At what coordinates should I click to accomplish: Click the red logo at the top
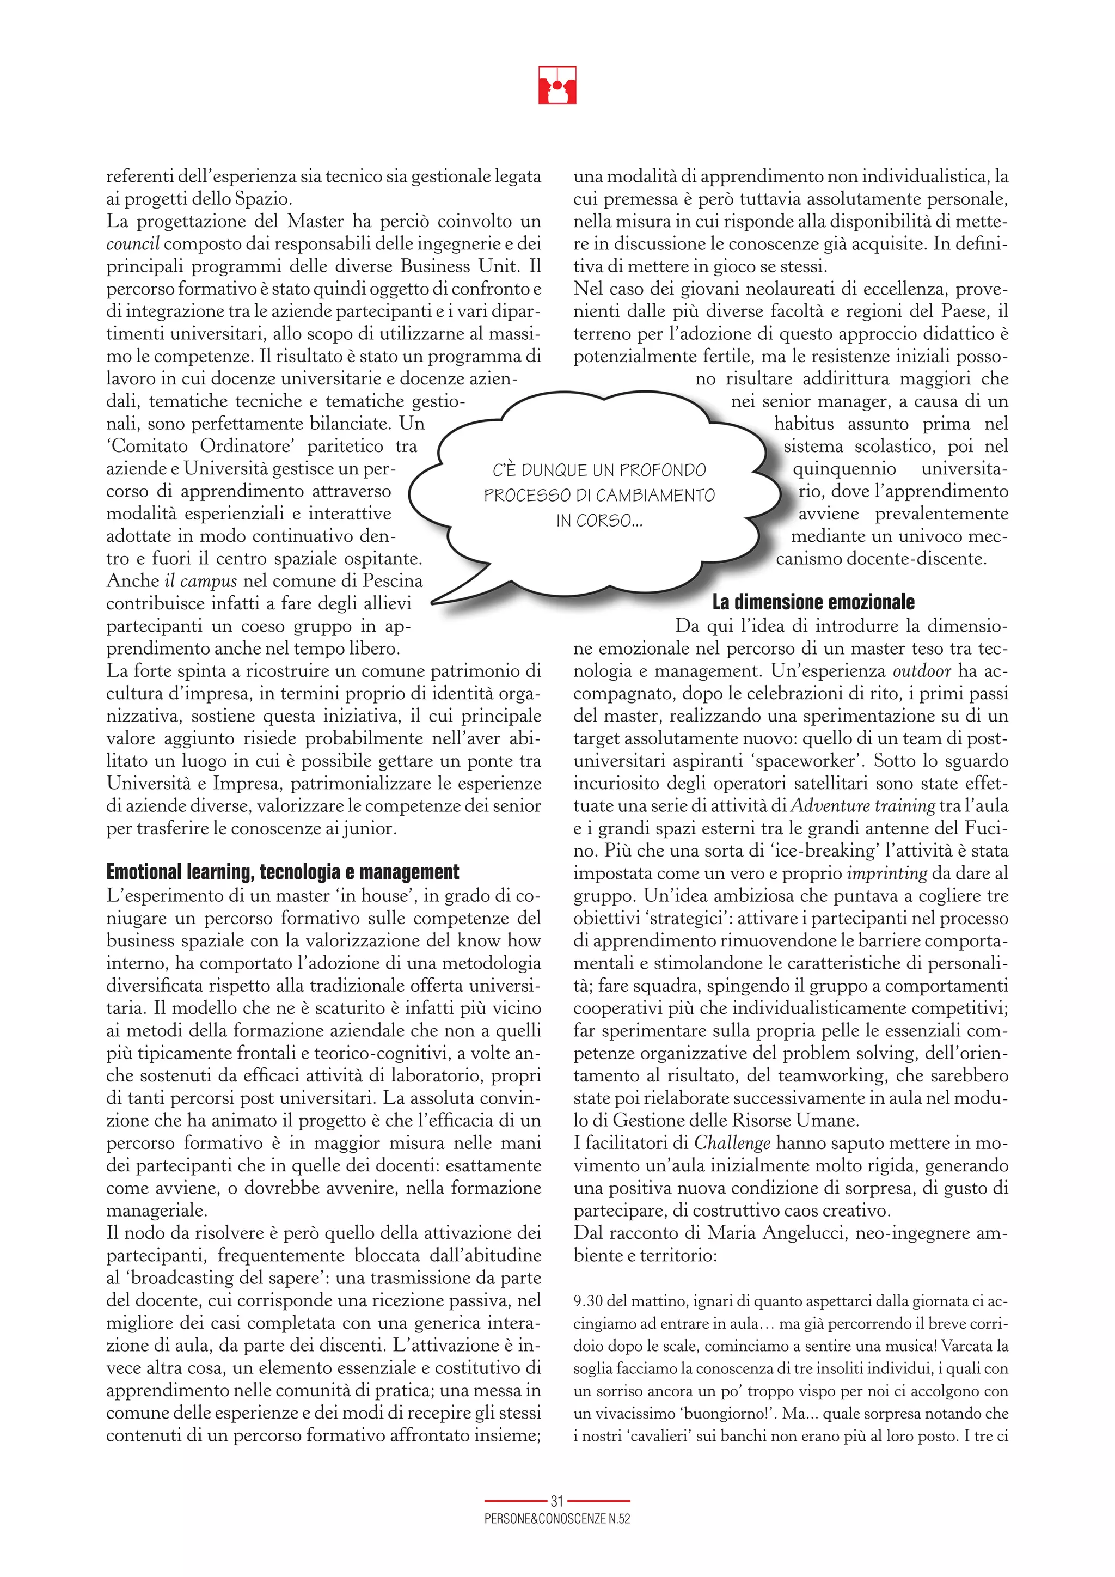[x=557, y=85]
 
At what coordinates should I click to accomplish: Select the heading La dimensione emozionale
[x=813, y=602]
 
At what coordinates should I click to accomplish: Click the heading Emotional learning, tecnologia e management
[x=282, y=872]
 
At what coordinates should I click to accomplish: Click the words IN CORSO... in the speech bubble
[x=599, y=521]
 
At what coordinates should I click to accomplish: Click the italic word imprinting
[x=887, y=873]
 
